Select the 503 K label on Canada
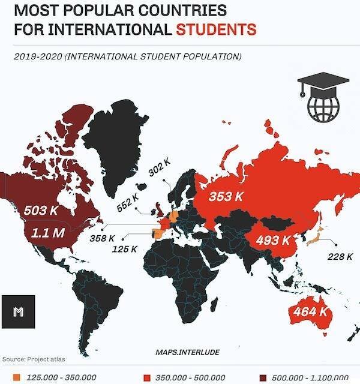(41, 211)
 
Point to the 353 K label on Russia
(226, 196)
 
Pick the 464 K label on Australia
(310, 311)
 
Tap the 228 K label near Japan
(340, 256)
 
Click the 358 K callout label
(101, 239)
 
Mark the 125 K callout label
(125, 248)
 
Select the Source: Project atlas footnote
(34, 359)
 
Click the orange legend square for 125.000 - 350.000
(16, 377)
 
